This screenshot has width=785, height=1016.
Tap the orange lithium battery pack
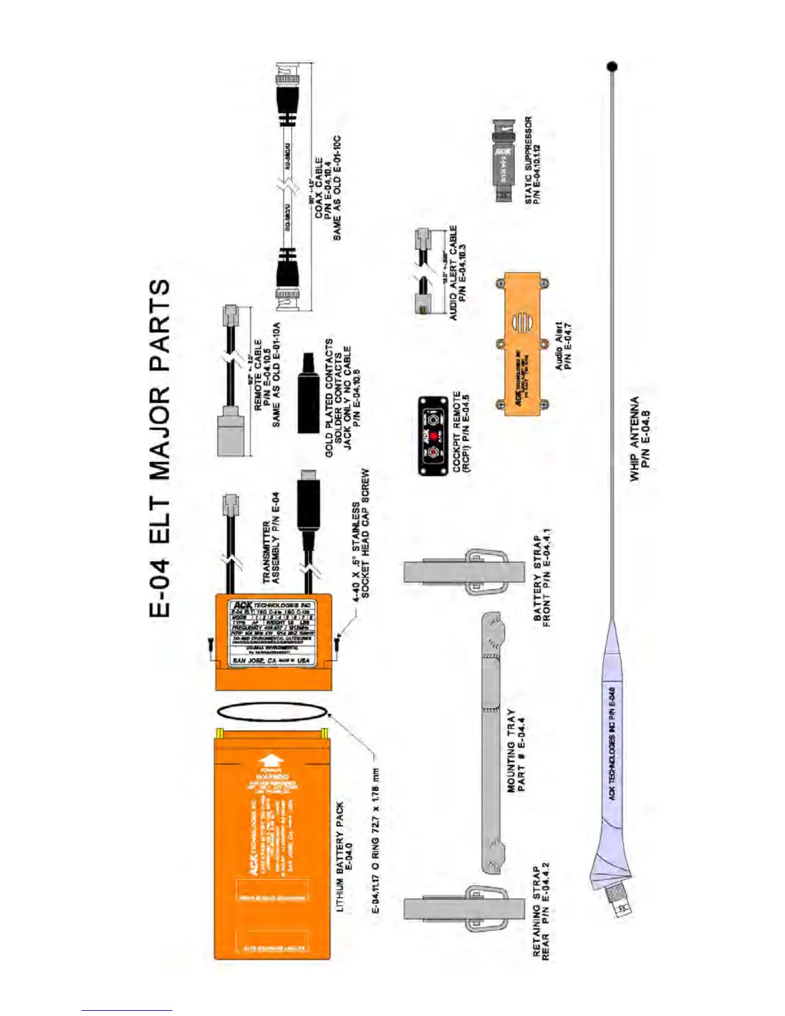272,847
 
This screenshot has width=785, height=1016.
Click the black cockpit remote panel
433,436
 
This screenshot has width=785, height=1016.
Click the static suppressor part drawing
504,160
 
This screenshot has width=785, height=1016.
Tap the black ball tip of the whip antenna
612,66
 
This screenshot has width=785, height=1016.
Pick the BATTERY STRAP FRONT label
542,577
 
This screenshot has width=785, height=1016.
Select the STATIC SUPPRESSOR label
532,160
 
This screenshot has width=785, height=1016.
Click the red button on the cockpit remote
433,436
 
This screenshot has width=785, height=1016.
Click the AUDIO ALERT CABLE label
458,272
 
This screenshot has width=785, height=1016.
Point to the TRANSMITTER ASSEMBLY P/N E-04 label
271,538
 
